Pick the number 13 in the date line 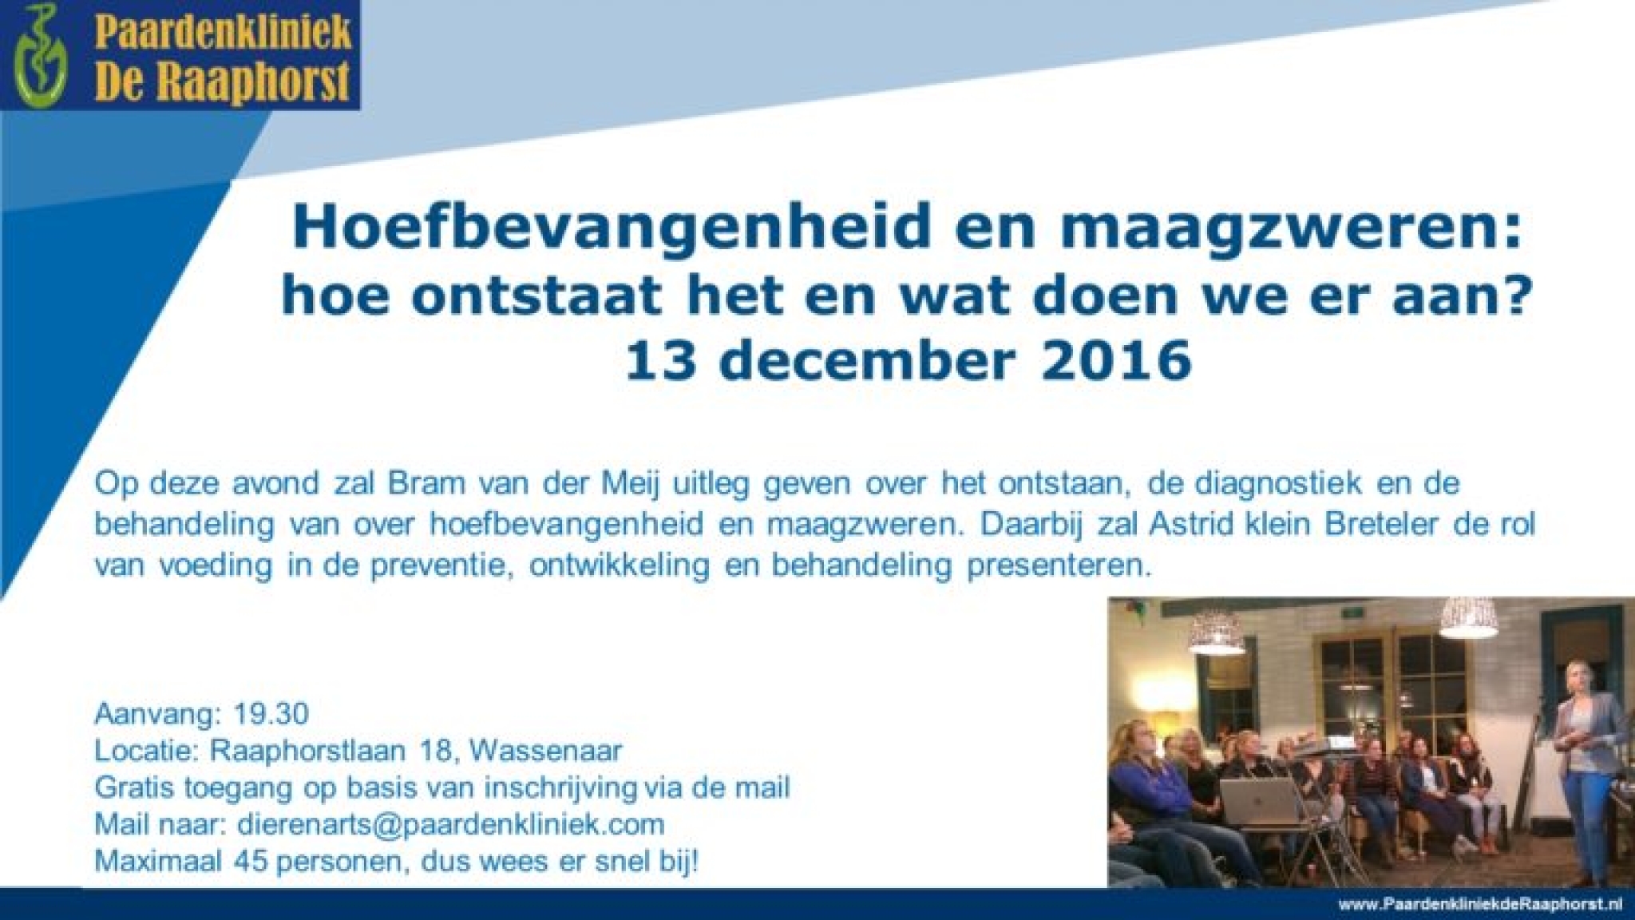(x=657, y=362)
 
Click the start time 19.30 (x=271, y=713)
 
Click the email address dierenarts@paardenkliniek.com (x=451, y=823)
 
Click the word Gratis (x=134, y=787)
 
